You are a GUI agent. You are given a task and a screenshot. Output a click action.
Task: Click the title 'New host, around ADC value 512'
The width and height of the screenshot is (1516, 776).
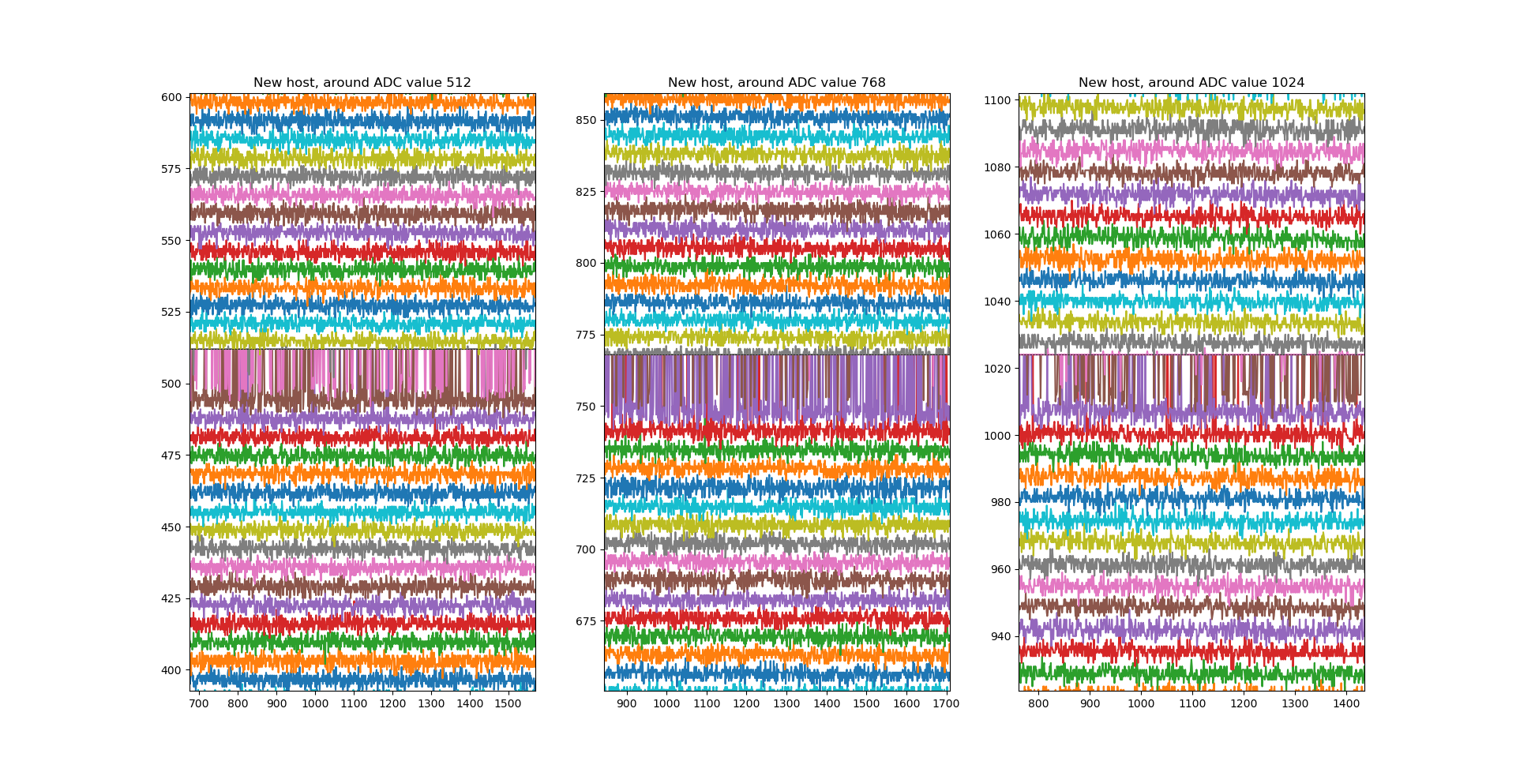point(362,83)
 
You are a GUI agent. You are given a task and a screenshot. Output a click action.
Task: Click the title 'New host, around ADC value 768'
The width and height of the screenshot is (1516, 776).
point(776,83)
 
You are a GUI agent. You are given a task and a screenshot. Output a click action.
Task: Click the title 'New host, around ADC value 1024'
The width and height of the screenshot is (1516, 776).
point(1191,83)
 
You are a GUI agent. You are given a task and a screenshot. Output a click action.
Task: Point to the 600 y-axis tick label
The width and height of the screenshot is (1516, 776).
point(172,98)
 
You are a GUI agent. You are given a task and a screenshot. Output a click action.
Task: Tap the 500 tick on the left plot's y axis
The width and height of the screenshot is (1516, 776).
point(172,384)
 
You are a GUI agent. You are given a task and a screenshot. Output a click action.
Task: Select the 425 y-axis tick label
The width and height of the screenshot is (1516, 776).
point(172,599)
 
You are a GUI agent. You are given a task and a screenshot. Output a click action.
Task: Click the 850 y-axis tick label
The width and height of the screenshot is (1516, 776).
point(587,121)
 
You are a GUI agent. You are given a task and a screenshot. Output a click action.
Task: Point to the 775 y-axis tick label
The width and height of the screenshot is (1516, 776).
point(587,336)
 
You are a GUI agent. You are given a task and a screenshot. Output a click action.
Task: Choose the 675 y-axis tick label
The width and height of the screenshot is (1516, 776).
point(587,622)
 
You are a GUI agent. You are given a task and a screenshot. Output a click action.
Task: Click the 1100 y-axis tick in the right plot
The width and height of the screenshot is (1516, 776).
point(998,101)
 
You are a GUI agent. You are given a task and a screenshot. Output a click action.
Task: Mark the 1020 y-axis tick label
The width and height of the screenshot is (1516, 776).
point(998,369)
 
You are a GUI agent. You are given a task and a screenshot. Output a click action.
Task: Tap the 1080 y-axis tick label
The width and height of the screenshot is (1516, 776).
point(998,168)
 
